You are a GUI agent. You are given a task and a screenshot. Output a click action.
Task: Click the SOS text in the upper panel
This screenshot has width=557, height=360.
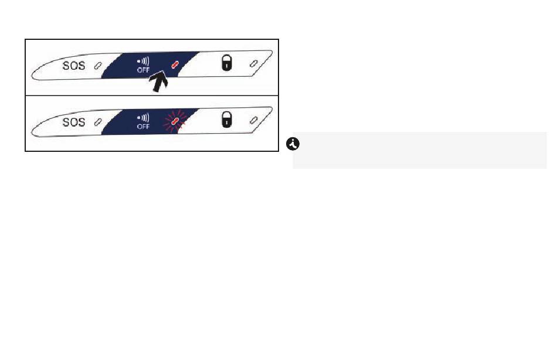click(x=73, y=66)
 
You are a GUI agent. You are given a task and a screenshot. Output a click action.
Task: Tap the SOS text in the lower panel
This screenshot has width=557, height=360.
click(x=73, y=123)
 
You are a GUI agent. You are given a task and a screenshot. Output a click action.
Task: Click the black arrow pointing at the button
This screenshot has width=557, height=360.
click(x=158, y=81)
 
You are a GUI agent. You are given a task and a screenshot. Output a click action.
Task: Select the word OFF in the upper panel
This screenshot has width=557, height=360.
click(x=143, y=70)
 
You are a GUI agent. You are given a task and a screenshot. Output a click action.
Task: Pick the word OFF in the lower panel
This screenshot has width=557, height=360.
click(x=143, y=127)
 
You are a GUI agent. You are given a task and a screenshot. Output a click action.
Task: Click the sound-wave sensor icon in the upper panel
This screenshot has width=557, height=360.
click(x=143, y=62)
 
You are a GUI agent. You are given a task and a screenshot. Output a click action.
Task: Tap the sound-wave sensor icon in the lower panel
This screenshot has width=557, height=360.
click(x=143, y=118)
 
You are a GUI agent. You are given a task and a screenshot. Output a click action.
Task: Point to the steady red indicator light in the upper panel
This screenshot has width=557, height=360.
click(x=175, y=64)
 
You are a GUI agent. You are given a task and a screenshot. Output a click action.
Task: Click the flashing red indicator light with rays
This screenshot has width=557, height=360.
click(x=174, y=121)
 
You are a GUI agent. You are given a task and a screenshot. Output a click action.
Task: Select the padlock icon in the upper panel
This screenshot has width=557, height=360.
click(x=227, y=63)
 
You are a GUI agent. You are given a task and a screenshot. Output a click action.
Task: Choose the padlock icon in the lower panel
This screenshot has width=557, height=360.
click(x=227, y=120)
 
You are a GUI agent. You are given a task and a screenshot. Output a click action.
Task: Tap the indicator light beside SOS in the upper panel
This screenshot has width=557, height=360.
click(x=98, y=66)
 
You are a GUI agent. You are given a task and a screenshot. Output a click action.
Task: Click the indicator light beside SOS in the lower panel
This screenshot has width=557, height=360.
click(x=98, y=123)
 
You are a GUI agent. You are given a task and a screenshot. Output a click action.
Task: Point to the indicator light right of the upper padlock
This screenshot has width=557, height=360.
click(x=254, y=63)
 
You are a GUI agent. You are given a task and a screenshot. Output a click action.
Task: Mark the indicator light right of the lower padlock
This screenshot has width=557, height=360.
click(x=254, y=120)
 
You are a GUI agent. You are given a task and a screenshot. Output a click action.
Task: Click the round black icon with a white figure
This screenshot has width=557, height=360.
click(x=293, y=144)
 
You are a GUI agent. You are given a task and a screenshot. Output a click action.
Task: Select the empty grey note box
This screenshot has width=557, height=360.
click(x=420, y=150)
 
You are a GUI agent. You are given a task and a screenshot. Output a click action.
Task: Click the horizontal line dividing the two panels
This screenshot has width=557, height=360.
click(x=152, y=95)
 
